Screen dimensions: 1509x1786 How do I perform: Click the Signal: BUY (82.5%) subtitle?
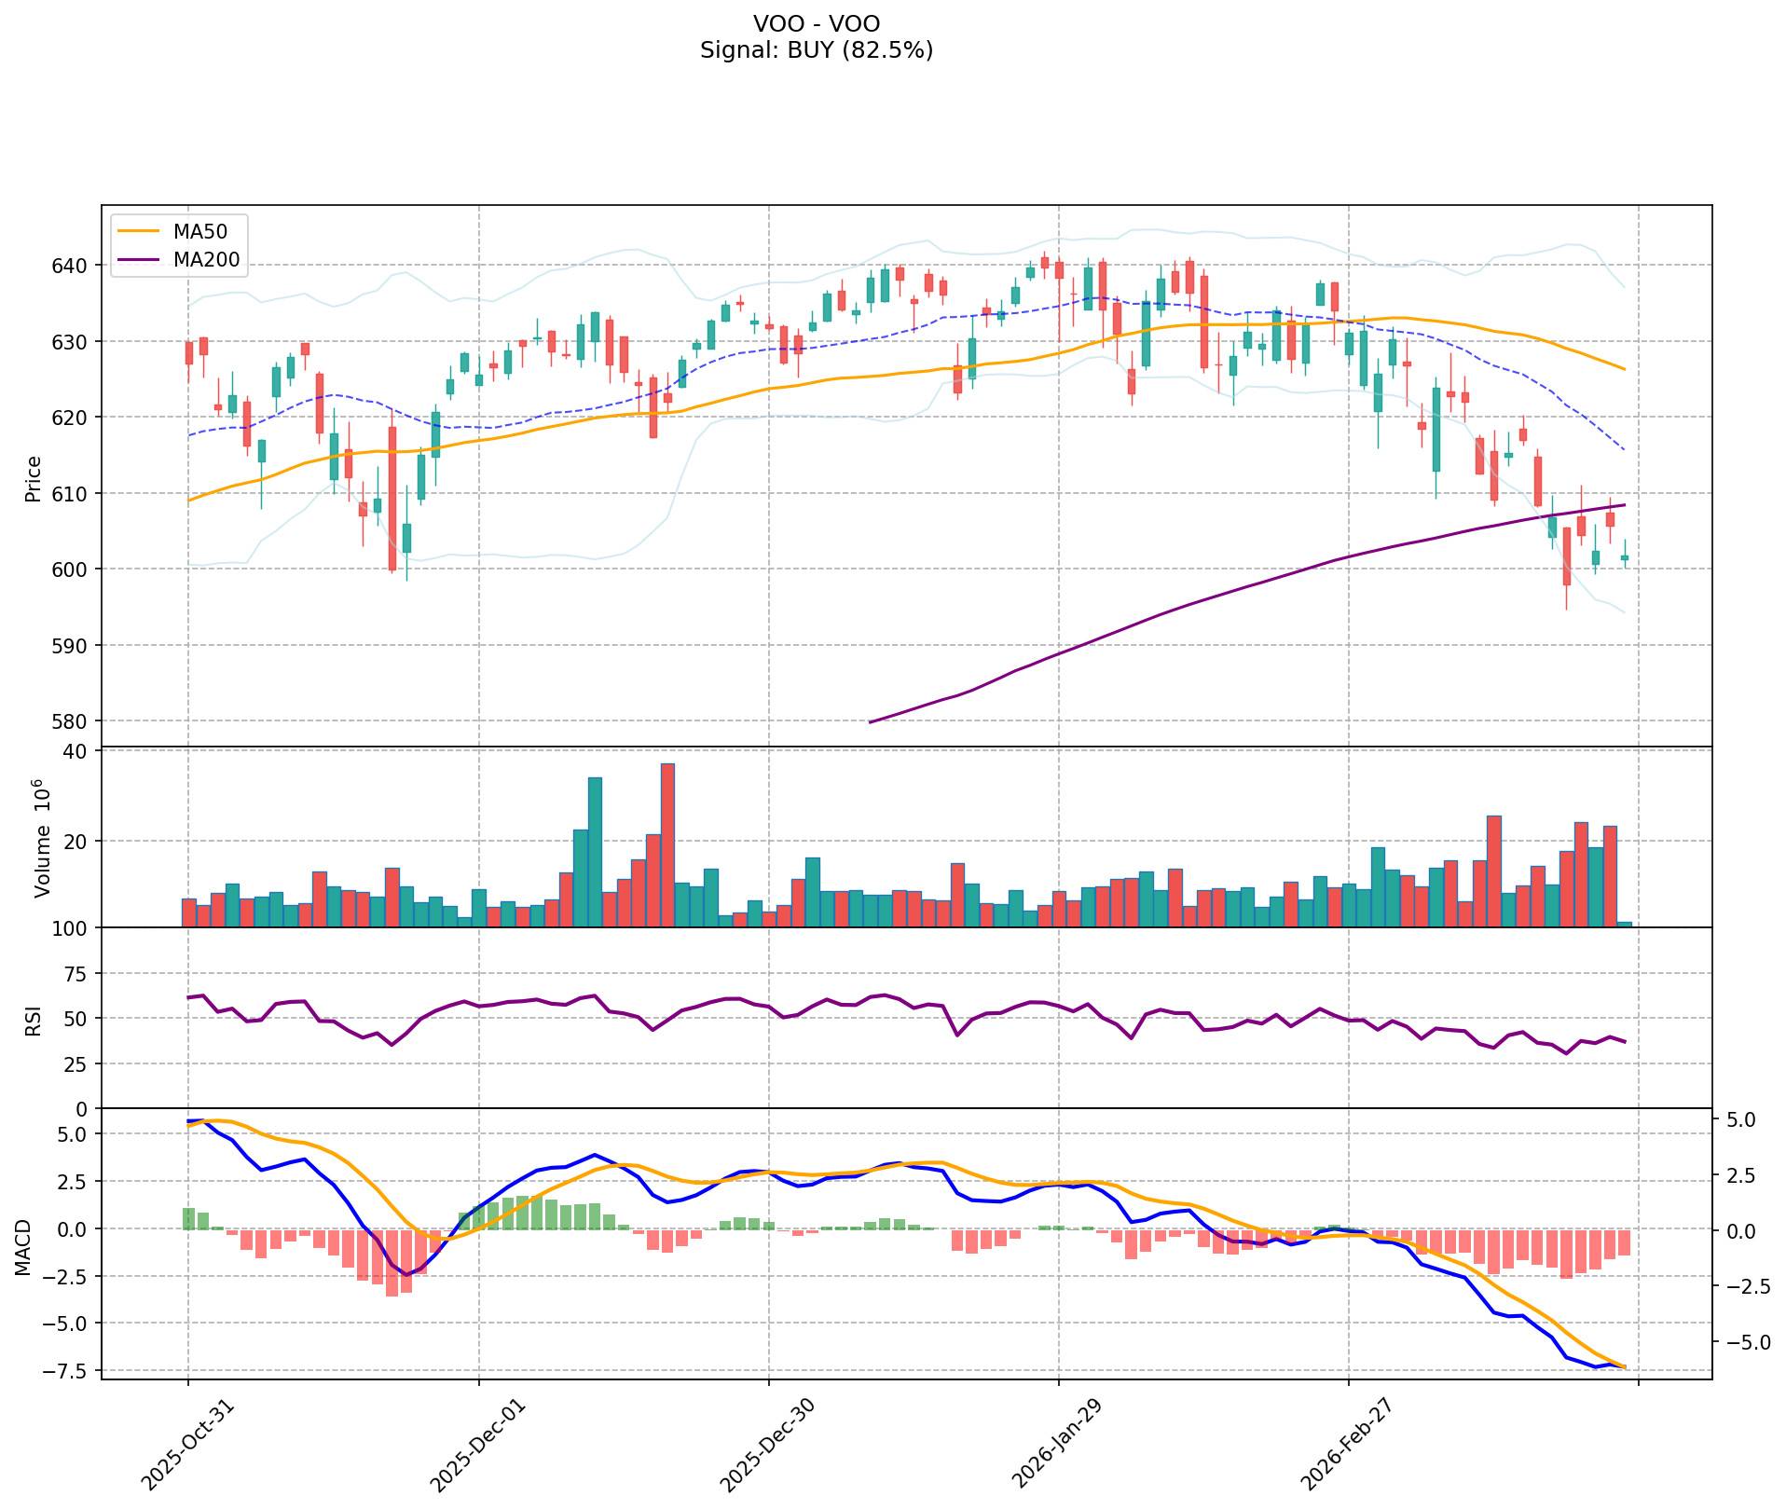[816, 50]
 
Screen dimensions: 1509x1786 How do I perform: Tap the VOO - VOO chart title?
[816, 23]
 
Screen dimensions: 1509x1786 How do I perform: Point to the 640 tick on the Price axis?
[74, 266]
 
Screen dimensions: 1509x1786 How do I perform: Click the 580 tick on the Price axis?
[74, 721]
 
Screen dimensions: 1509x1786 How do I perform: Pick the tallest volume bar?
[667, 844]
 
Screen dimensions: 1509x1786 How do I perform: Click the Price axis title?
[34, 478]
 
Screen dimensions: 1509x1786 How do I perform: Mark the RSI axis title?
[34, 1020]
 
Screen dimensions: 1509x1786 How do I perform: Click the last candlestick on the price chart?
[1625, 557]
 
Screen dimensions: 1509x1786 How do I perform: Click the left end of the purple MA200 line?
[870, 722]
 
